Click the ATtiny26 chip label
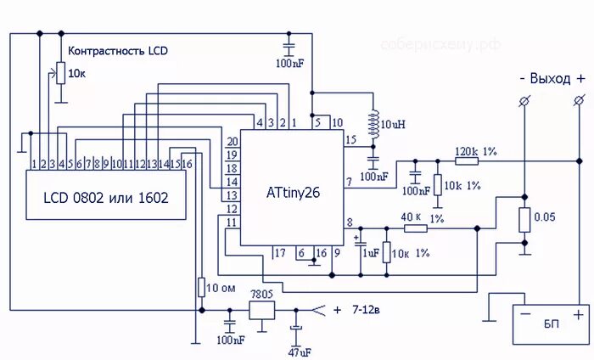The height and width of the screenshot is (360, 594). pos(294,192)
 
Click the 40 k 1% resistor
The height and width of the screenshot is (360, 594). pos(413,228)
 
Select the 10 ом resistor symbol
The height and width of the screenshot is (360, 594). pos(201,287)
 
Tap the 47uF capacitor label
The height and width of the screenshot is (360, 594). pos(296,351)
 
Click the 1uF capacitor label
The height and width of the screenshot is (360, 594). pos(370,252)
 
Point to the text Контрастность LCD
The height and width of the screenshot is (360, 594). pos(117,51)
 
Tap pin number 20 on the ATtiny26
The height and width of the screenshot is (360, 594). pos(231,141)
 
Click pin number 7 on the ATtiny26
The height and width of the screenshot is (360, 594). pos(349,181)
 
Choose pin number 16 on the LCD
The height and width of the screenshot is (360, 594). pos(188,162)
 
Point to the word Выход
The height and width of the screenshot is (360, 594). pos(551,78)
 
